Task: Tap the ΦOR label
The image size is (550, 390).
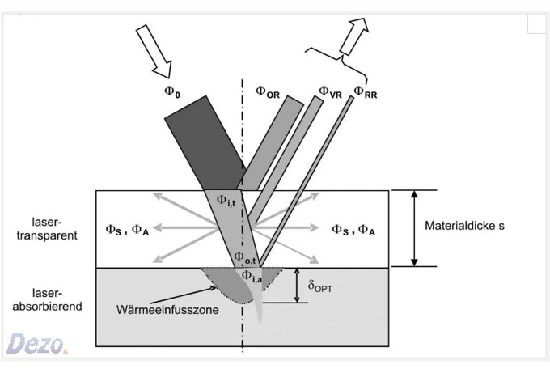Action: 269,92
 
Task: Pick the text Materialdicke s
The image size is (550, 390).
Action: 463,226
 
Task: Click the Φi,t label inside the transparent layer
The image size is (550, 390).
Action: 227,200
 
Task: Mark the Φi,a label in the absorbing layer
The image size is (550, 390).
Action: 252,278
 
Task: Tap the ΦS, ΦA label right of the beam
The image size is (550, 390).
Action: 353,230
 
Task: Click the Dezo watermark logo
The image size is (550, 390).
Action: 36,343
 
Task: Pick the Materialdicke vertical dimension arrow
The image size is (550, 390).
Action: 413,228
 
